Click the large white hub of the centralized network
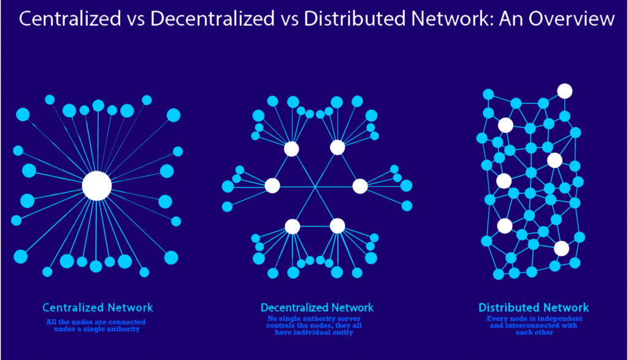[97, 186]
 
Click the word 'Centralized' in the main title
[70, 19]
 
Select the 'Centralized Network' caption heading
[98, 307]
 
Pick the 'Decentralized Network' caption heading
[317, 307]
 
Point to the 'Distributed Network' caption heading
[534, 307]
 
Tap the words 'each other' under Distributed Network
[534, 332]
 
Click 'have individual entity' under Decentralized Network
[314, 332]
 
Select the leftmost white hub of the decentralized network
[272, 186]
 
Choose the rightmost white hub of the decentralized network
[359, 186]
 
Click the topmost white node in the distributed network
[565, 91]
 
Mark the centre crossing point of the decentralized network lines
[315, 186]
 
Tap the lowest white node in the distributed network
[562, 248]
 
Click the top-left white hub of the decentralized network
[291, 149]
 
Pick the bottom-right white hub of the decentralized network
[337, 226]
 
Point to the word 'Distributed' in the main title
[354, 19]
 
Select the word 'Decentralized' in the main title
[213, 19]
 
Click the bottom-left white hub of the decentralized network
[293, 227]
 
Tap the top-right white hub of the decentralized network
[337, 147]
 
